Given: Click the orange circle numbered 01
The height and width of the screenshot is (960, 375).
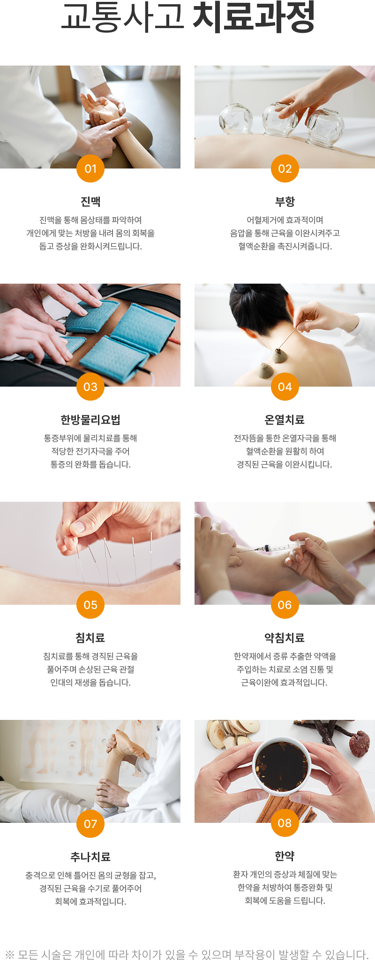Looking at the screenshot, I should [90, 169].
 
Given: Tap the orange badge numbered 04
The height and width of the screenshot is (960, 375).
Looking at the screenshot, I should [285, 387].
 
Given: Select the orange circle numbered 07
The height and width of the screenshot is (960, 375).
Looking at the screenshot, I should [90, 824].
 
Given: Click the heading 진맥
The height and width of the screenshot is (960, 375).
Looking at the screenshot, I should [90, 202].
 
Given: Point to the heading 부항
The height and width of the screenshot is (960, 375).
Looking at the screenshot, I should [285, 202].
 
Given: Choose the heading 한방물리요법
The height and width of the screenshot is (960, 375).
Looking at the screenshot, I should [90, 420].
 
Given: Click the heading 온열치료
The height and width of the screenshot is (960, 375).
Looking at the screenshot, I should [285, 420].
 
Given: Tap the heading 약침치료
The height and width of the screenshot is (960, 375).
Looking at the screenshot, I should [285, 638].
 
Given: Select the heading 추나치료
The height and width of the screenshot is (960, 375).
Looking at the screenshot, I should [90, 857].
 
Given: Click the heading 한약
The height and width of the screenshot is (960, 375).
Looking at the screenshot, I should [285, 856].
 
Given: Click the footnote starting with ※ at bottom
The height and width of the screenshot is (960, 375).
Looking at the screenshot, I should [187, 954].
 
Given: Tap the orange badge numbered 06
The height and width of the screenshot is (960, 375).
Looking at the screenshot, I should [285, 605].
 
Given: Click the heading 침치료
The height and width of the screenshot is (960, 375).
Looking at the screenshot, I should [90, 638].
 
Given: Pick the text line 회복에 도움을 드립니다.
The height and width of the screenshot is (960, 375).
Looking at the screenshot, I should [285, 901].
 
